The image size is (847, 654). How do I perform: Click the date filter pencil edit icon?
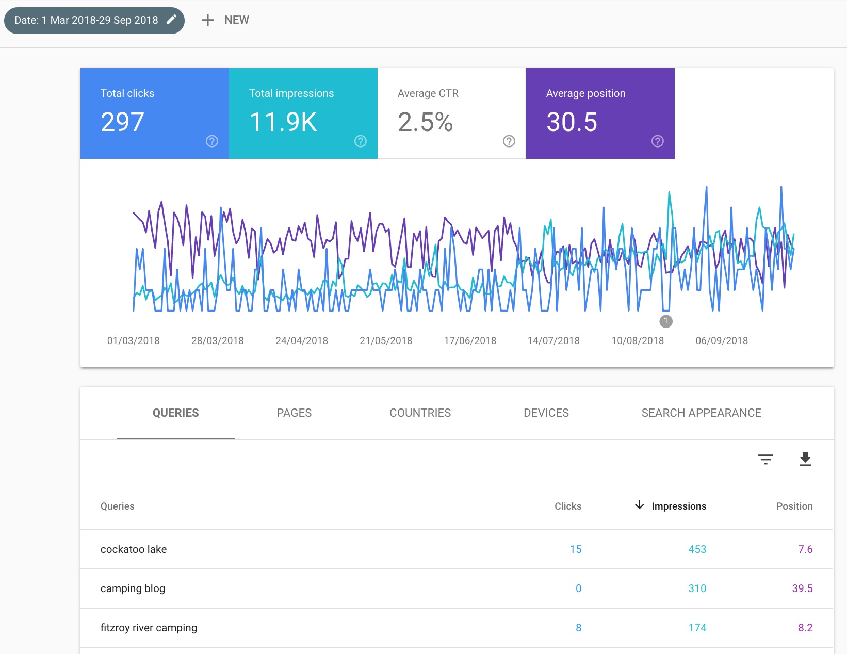pos(172,20)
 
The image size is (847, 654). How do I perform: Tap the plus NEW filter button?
pos(225,20)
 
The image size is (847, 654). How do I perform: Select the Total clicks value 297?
pos(122,122)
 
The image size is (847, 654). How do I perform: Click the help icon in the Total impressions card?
pos(361,141)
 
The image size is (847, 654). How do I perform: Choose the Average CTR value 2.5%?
pos(425,122)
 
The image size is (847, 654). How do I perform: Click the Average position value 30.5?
pos(572,122)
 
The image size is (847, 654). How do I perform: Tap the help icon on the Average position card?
pos(658,141)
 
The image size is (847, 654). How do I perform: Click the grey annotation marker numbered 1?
pos(666,321)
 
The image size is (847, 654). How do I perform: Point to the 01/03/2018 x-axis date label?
pos(133,341)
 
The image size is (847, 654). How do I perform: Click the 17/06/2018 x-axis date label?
pos(470,341)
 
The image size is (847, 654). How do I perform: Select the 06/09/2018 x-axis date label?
pos(722,341)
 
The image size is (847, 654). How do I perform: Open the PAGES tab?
pos(294,413)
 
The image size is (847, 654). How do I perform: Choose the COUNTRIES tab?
pos(420,413)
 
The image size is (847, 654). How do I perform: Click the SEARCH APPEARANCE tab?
pos(701,413)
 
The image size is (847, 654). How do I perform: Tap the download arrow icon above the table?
pos(805,459)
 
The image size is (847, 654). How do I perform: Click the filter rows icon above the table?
pos(765,459)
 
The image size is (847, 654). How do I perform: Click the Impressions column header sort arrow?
pos(640,505)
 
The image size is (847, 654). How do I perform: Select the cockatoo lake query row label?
pos(134,549)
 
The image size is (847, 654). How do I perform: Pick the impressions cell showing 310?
pos(697,588)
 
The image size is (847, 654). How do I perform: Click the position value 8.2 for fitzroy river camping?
pos(805,628)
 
